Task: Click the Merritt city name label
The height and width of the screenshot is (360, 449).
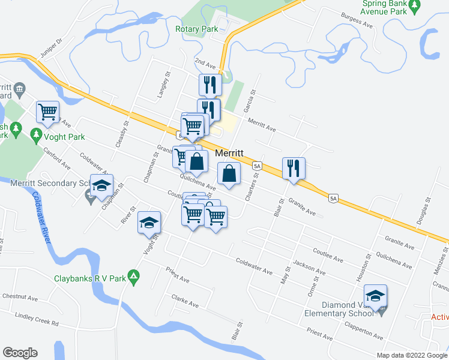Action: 229,153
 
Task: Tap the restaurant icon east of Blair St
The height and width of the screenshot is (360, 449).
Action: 294,168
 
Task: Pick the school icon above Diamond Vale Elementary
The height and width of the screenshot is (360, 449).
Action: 375,296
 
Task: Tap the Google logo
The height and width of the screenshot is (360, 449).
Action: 20,353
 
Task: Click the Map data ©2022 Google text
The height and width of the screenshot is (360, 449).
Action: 411,355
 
